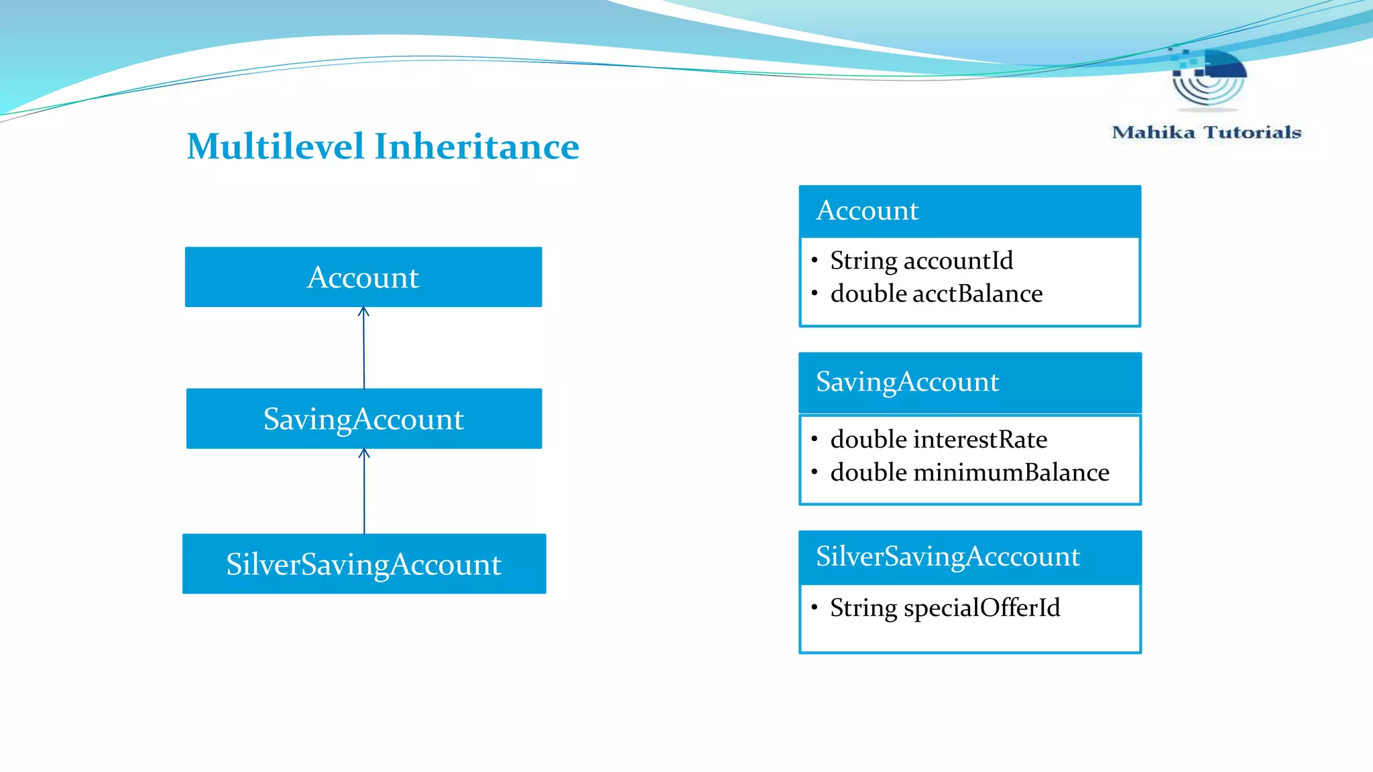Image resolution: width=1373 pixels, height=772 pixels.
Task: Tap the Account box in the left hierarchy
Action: coord(363,277)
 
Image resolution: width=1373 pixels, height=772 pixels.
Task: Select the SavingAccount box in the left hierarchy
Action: coord(363,419)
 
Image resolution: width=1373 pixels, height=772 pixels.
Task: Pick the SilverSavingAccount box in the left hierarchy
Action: coord(363,564)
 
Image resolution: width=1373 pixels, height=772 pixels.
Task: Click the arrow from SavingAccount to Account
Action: coord(364,348)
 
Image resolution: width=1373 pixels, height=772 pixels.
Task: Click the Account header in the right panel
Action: coord(868,210)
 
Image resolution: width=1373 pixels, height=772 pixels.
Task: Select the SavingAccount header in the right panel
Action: coord(907,382)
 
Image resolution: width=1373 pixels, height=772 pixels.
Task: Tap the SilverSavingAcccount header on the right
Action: coord(947,556)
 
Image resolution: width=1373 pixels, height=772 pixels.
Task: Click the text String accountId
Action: coord(921,261)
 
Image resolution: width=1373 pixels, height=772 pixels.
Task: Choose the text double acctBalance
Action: coord(936,294)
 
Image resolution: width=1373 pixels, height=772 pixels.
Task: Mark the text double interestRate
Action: coord(938,440)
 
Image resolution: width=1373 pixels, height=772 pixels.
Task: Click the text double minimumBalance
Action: coord(969,472)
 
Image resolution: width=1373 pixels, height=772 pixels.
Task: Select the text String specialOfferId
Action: coord(945,608)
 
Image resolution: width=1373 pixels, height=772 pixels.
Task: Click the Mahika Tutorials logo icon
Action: coord(1208,77)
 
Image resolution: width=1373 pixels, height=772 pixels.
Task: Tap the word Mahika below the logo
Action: coord(1153,132)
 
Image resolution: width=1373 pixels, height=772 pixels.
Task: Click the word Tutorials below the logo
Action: coord(1252,132)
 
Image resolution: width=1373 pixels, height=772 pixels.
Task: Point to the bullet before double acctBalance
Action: coord(815,293)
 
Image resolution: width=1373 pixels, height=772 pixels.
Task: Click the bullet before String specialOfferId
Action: coord(815,607)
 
